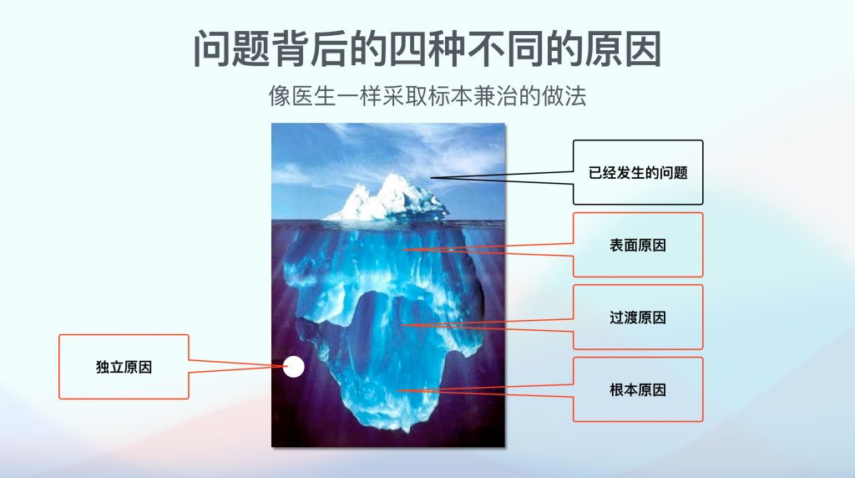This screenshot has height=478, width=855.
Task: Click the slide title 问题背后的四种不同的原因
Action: click(427, 48)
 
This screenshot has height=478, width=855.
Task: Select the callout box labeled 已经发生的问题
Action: click(638, 173)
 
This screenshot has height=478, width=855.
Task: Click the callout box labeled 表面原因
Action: click(638, 245)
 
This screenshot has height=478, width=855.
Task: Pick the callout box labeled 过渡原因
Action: click(638, 318)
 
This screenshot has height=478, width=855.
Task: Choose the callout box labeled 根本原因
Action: click(638, 389)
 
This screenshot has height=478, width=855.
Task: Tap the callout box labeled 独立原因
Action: click(124, 367)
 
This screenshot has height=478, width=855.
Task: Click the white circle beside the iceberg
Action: click(293, 366)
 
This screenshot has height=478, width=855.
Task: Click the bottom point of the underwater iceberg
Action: click(404, 428)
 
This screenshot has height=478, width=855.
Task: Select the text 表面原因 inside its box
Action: click(638, 245)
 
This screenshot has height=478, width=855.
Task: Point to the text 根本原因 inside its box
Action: click(638, 389)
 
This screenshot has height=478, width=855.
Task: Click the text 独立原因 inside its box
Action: click(124, 367)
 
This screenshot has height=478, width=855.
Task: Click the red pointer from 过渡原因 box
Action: click(493, 323)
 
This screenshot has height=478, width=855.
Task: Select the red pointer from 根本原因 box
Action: click(493, 389)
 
